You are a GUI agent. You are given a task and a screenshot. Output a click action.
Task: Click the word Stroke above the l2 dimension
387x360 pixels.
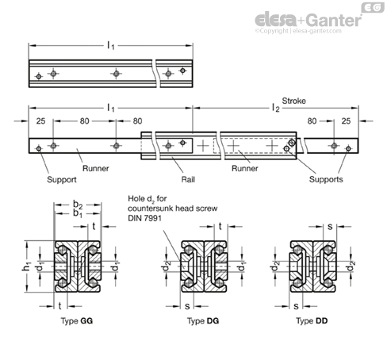[293, 101]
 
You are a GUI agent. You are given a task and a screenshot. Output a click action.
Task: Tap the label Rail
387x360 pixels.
[188, 179]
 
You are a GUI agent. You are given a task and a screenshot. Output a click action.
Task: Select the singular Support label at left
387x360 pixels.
[62, 180]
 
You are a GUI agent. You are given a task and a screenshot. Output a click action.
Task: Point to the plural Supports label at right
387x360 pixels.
[326, 179]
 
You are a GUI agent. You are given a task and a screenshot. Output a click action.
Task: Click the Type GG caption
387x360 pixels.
[77, 321]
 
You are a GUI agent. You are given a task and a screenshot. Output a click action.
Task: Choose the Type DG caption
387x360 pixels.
[203, 321]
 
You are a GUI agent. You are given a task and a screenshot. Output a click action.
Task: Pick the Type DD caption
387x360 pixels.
[312, 321]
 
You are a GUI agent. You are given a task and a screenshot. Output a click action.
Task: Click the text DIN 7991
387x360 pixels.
[144, 218]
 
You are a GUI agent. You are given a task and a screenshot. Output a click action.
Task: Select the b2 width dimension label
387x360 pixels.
[78, 205]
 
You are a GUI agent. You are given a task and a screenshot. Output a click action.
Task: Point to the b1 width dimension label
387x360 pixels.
[78, 213]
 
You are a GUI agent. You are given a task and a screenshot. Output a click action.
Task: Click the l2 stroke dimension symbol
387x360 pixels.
[276, 108]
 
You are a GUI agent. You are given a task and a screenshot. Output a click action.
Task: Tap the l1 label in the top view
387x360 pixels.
[111, 46]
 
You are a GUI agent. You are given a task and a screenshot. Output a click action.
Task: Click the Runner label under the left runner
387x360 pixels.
[95, 168]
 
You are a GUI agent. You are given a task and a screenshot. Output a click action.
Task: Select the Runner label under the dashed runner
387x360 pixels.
[245, 168]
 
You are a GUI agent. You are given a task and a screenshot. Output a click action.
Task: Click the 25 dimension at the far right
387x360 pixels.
[346, 121]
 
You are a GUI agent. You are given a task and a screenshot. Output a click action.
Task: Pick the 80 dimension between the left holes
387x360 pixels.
[84, 121]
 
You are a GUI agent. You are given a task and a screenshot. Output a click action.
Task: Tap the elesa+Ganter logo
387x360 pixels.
[308, 20]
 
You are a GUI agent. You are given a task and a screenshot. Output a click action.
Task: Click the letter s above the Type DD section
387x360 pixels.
[330, 227]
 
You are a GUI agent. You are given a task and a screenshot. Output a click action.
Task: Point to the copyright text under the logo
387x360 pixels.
[298, 31]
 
